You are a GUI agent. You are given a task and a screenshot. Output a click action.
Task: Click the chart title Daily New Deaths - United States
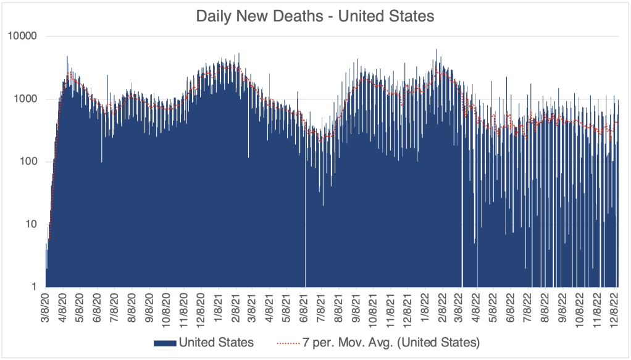(x=315, y=16)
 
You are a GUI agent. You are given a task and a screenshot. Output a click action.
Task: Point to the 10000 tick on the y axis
(x=23, y=36)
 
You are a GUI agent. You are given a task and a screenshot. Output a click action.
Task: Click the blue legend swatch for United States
(x=164, y=341)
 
